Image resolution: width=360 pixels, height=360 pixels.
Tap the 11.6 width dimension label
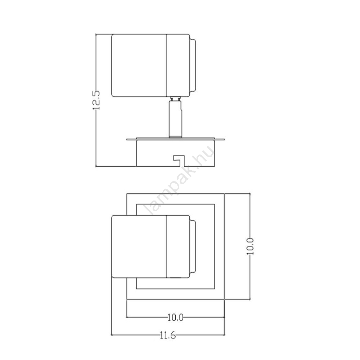click(168, 336)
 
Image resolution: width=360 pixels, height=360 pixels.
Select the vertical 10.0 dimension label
click(250, 246)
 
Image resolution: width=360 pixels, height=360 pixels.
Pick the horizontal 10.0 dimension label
click(175, 318)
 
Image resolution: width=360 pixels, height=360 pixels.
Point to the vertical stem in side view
click(176, 120)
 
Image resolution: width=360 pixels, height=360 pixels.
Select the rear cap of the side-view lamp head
click(193, 66)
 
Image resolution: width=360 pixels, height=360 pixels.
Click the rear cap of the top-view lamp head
click(193, 247)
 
